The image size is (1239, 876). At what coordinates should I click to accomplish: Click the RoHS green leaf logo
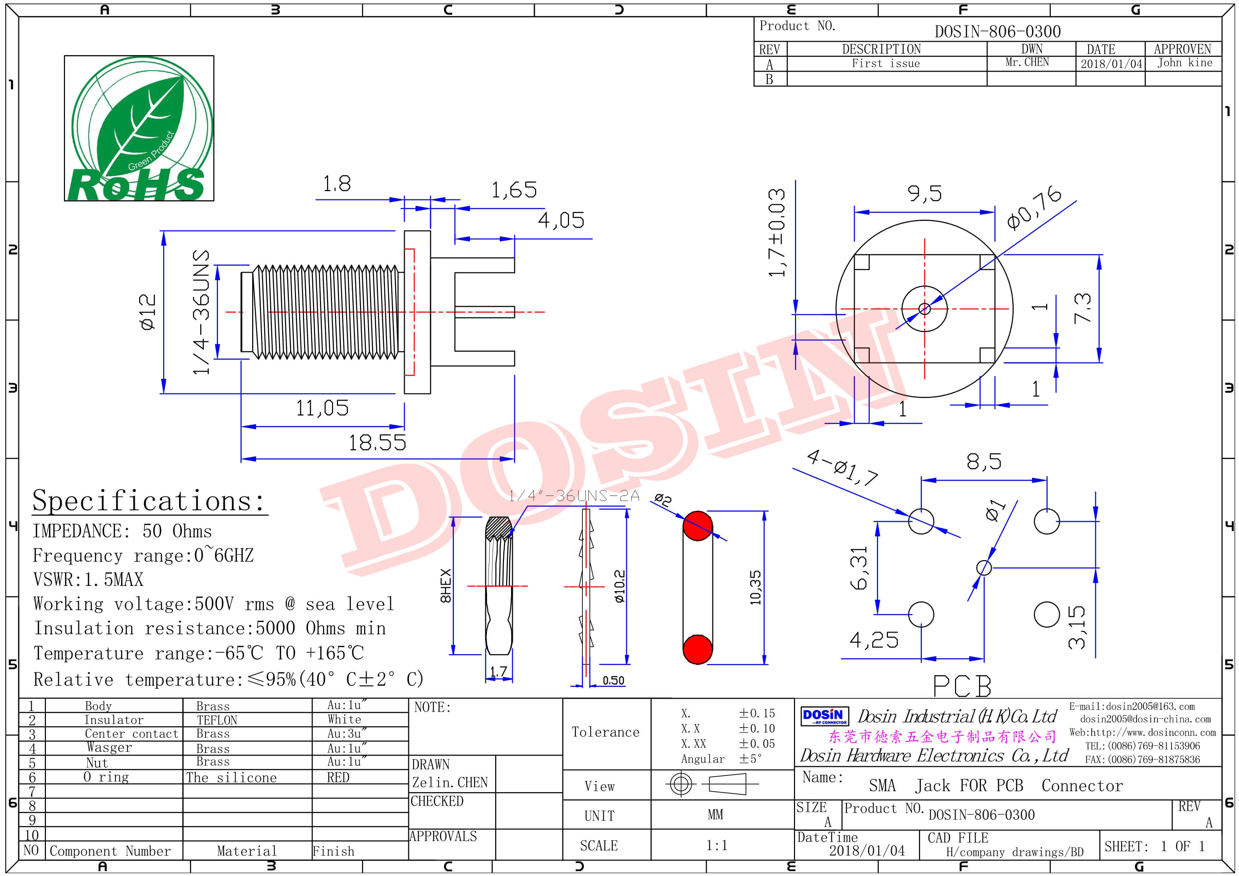pyautogui.click(x=139, y=129)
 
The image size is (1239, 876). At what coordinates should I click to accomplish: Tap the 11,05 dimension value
pyautogui.click(x=322, y=408)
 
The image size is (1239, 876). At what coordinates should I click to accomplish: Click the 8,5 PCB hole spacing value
pyautogui.click(x=984, y=461)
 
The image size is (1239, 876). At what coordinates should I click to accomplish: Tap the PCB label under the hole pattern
pyautogui.click(x=962, y=686)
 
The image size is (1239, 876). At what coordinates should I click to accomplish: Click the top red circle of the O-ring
pyautogui.click(x=698, y=526)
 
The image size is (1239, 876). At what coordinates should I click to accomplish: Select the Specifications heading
pyautogui.click(x=148, y=500)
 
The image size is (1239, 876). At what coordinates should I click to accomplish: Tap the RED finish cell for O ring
pyautogui.click(x=338, y=777)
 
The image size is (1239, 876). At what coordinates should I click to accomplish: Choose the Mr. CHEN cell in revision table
pyautogui.click(x=1027, y=62)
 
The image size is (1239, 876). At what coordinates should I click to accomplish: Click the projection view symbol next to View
pyautogui.click(x=712, y=784)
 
